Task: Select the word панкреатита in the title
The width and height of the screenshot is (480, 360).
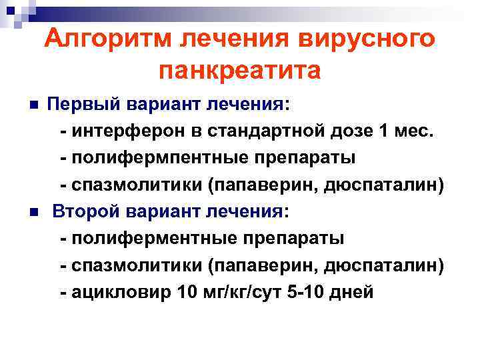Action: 240,70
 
